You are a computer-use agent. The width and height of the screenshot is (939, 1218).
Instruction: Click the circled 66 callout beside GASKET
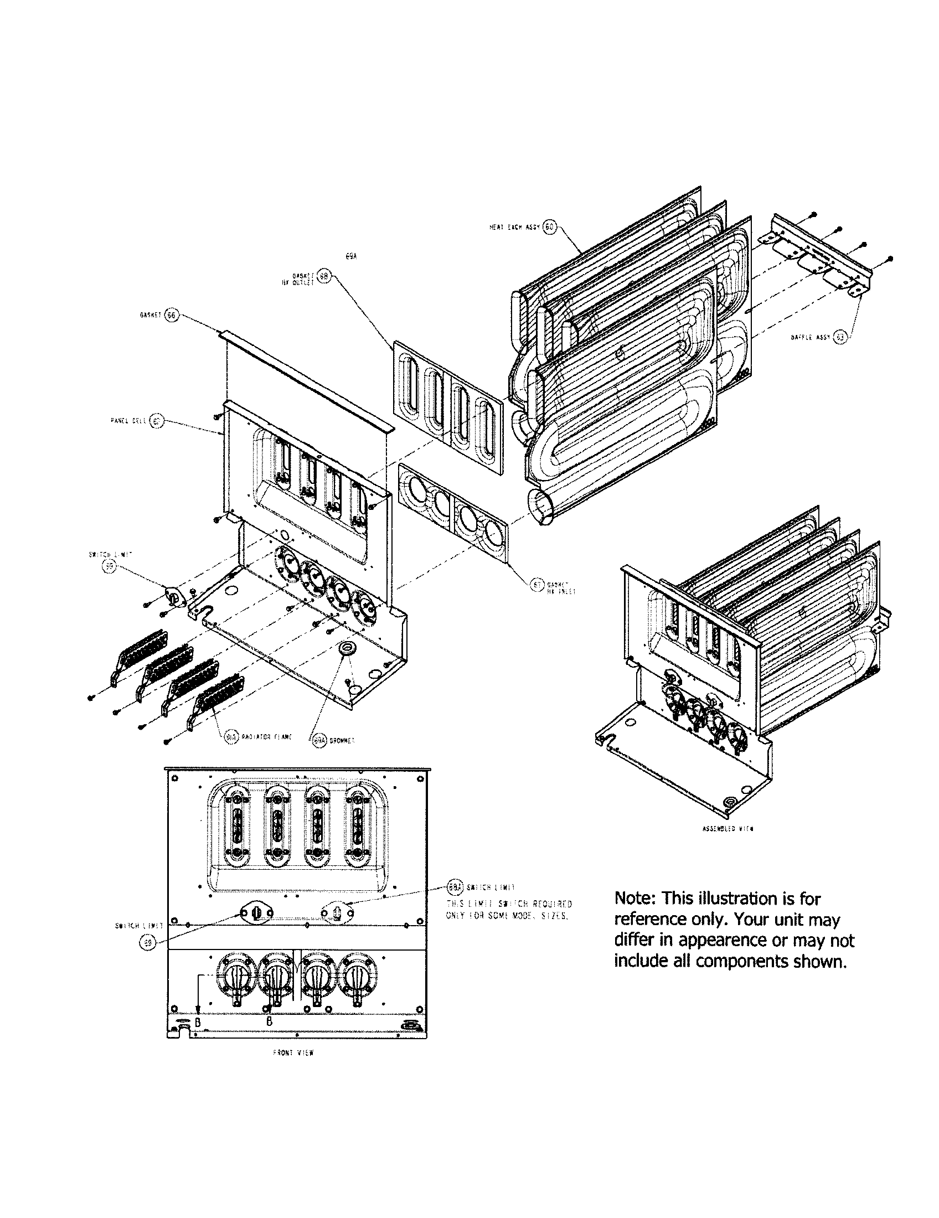[x=171, y=315]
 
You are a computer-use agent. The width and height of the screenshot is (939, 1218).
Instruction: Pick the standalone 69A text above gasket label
[x=350, y=256]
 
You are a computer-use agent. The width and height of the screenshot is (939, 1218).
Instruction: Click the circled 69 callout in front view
[x=147, y=942]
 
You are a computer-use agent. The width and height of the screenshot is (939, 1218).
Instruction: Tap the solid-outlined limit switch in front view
[x=256, y=912]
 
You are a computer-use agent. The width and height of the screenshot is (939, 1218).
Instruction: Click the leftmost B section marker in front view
[x=198, y=1021]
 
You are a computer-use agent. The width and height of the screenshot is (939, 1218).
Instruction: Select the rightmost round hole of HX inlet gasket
[x=493, y=531]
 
